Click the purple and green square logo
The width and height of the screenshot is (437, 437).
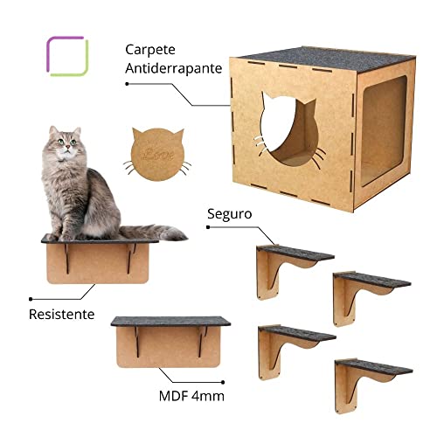[66, 56]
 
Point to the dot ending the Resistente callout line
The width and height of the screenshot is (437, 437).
[29, 295]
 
